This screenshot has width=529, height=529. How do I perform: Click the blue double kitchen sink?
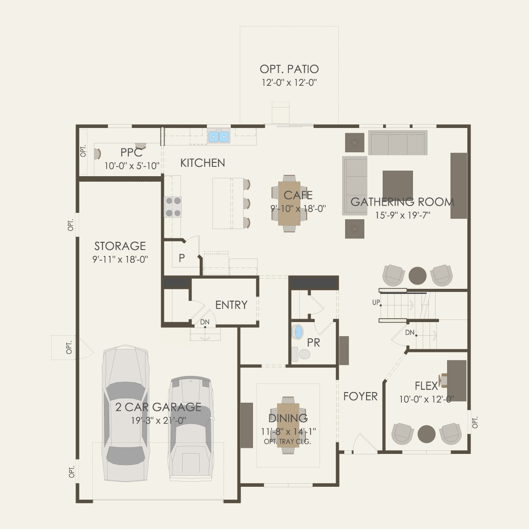tap(219, 137)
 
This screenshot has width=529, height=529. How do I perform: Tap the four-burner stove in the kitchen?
tap(173, 207)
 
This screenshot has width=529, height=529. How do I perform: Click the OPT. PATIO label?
tap(289, 69)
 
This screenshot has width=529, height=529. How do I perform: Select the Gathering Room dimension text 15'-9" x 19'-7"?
tap(402, 215)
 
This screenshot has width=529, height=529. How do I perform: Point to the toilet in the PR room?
tap(301, 354)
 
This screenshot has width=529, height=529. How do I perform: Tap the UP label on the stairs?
tap(376, 302)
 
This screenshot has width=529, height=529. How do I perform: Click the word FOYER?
tap(360, 396)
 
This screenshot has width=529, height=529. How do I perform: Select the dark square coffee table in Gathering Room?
tap(398, 185)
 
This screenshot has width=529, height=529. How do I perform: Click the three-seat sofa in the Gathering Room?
tap(398, 143)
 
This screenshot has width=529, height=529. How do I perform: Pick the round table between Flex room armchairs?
tap(426, 434)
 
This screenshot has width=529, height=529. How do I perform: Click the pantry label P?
tap(181, 258)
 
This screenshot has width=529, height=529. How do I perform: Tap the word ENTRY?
tap(231, 305)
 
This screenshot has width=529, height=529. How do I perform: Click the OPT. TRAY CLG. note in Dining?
tap(288, 442)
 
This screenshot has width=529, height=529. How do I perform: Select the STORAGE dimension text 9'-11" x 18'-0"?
tap(120, 259)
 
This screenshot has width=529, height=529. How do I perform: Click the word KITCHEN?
tap(203, 163)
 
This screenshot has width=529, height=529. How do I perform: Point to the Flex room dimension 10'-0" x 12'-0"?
tap(426, 399)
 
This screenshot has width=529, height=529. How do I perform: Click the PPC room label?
tap(131, 152)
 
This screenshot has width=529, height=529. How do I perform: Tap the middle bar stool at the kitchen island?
tap(247, 203)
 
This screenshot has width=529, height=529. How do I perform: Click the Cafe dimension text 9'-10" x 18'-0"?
tap(298, 209)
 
